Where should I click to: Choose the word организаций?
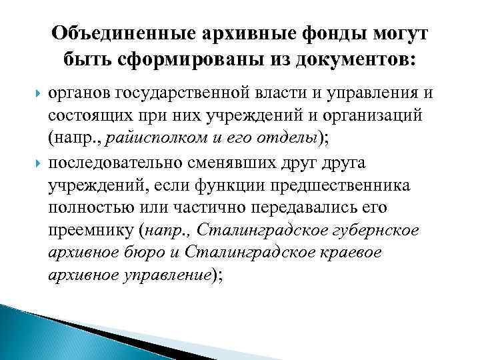(x=374, y=117)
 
